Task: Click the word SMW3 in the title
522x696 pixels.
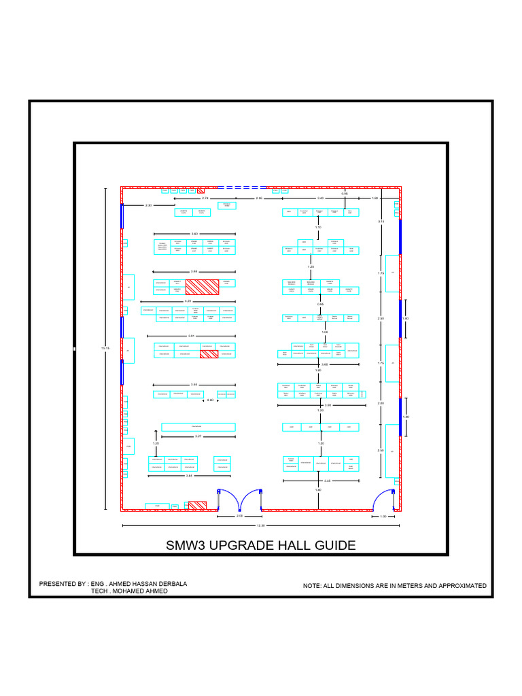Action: pos(188,545)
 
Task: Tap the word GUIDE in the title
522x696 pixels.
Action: pos(332,545)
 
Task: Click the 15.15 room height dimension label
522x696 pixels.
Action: pos(105,349)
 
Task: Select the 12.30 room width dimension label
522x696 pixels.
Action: pos(260,525)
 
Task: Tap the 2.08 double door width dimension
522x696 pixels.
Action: pos(239,517)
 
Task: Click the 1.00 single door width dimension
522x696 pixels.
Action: pos(383,517)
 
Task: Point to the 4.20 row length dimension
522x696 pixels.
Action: pos(189,300)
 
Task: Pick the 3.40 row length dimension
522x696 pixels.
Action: pos(194,234)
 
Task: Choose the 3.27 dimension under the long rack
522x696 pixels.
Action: pos(198,436)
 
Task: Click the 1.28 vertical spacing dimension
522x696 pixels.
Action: pos(155,443)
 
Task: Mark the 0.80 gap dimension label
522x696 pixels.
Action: pos(210,400)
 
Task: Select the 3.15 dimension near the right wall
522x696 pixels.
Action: pos(381,222)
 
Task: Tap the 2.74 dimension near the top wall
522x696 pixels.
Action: pos(205,198)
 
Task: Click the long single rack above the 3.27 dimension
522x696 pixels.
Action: pos(198,427)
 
